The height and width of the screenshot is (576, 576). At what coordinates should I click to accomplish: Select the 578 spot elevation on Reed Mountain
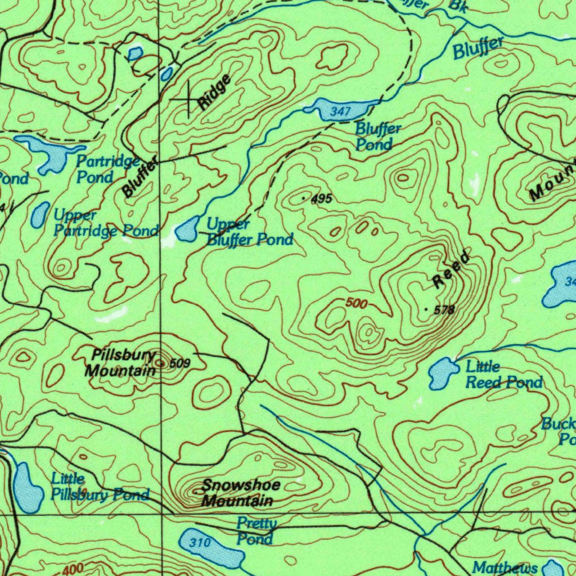pos(443,310)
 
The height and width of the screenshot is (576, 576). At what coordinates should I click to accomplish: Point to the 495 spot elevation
pos(321,199)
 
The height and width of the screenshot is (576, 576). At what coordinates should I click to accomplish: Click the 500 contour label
pos(357,304)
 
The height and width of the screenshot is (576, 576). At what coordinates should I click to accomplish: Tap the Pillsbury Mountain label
pos(121,363)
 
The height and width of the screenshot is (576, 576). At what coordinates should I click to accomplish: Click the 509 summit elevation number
pos(179,363)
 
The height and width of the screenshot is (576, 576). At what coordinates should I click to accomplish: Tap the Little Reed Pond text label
pos(503,375)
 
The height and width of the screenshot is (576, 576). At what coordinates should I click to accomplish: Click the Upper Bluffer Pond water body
pos(186,229)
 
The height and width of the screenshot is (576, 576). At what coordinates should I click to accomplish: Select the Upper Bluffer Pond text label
pos(249,232)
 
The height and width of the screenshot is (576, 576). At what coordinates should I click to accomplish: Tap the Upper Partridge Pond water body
pos(39,215)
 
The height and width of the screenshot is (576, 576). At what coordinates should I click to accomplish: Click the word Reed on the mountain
pos(451,271)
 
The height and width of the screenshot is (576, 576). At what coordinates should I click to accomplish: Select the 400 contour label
pos(73,570)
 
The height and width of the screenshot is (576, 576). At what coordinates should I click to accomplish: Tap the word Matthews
pos(505,567)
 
